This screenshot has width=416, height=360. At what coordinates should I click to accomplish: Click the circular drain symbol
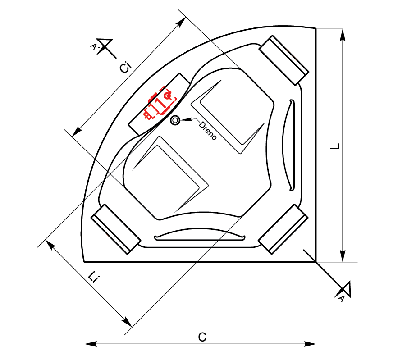tap(175, 120)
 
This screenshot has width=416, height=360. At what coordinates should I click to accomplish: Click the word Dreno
tap(207, 131)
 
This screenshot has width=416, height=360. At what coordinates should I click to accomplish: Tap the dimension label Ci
tap(125, 68)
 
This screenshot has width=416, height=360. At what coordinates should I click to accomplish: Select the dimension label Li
tap(94, 277)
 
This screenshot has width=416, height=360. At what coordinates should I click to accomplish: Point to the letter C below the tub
tap(202, 337)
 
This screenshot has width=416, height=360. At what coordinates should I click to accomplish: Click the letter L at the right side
tap(335, 146)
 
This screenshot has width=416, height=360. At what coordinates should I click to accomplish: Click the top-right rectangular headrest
tap(284, 60)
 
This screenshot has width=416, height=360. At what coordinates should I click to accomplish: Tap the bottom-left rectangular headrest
tap(116, 229)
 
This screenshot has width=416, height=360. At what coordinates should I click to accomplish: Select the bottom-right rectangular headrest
tap(283, 229)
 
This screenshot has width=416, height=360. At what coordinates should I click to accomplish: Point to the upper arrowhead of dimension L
tap(343, 35)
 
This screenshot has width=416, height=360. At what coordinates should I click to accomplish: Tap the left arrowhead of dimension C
tap(91, 344)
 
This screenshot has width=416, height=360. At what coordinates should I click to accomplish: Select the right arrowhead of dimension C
tap(310, 344)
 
